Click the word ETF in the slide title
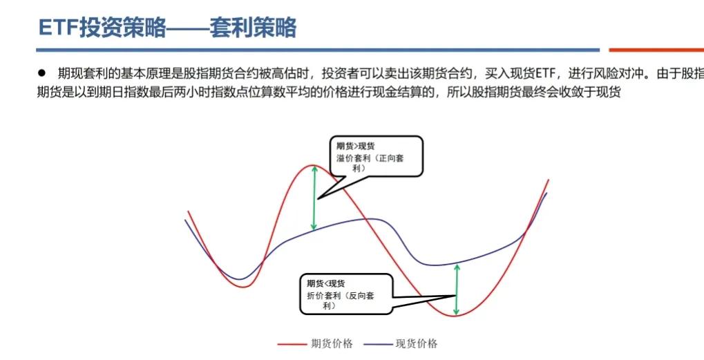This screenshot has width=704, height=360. pos(58,28)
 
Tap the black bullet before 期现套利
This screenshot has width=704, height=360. pos(41,73)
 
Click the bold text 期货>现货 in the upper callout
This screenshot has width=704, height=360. pos(356,146)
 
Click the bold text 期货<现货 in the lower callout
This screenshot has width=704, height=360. pos(327,283)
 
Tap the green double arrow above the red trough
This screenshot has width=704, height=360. pos(456,290)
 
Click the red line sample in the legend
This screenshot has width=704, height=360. pos(291,344)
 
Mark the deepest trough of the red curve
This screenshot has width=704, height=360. pos(455,316)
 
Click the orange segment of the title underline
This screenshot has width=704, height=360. pos(656,50)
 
